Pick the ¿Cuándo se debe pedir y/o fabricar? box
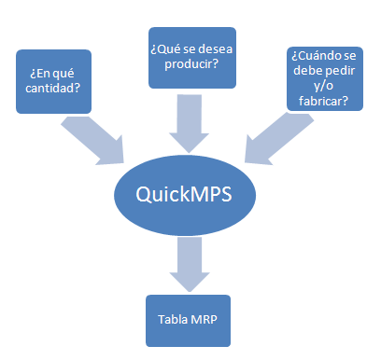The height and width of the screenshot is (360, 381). click(321, 79)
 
